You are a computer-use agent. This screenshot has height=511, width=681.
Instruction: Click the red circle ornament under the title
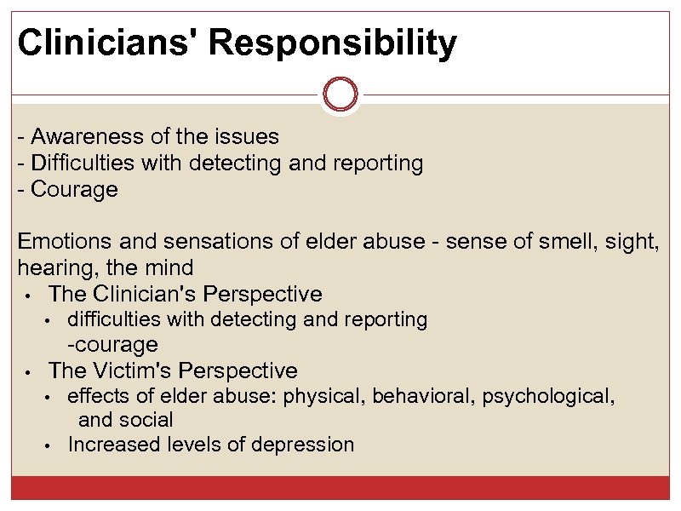(340, 95)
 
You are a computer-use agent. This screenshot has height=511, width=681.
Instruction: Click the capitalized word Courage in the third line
(74, 189)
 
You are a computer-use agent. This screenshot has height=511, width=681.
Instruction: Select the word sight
(630, 242)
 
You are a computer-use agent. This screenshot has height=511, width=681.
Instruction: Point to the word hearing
(54, 268)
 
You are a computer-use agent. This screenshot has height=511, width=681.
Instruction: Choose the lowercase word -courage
(113, 345)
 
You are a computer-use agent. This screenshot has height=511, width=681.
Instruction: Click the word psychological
(546, 396)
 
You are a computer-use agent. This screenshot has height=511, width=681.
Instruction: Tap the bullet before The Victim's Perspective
(28, 372)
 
